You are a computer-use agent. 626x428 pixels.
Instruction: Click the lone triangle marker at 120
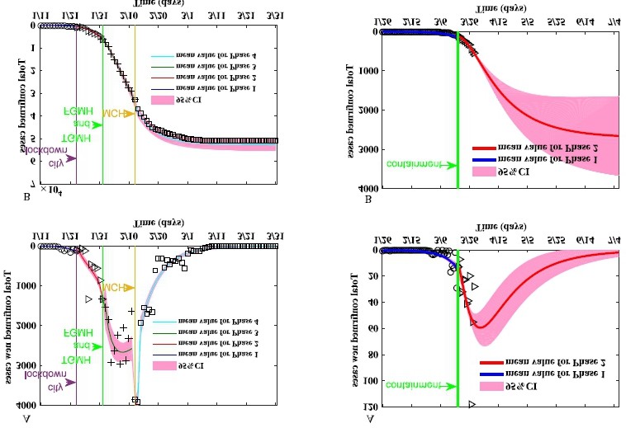472,404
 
